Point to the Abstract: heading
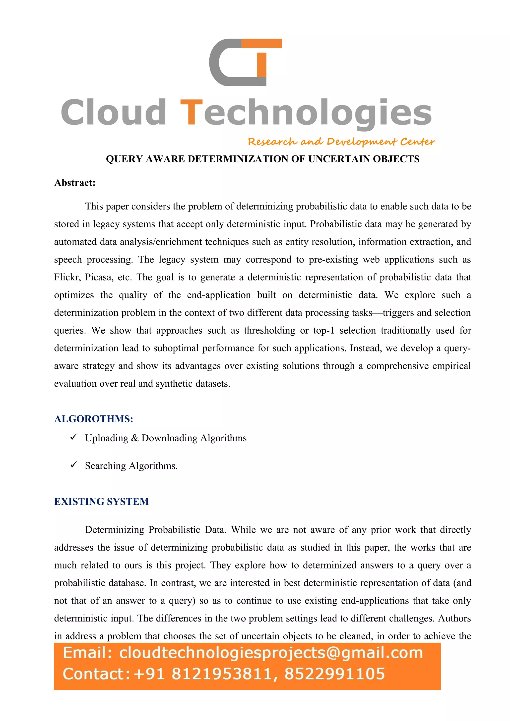[75, 183]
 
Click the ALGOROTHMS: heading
[94, 419]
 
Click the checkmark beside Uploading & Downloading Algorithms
[74, 437]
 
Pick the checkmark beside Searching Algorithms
[74, 464]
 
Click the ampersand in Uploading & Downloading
[135, 438]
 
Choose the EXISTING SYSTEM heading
[102, 502]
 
